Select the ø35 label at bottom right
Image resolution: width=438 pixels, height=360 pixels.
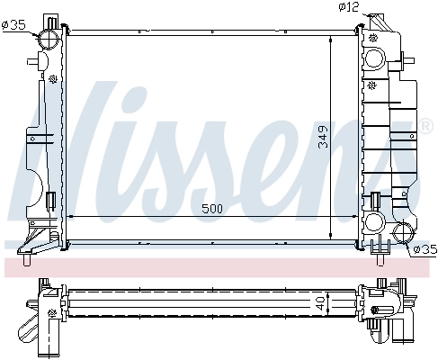tap(425, 248)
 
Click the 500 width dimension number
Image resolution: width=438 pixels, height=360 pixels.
tap(211, 209)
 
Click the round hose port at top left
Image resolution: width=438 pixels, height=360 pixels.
tap(49, 40)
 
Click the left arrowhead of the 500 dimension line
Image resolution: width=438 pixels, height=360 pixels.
tap(72, 218)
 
